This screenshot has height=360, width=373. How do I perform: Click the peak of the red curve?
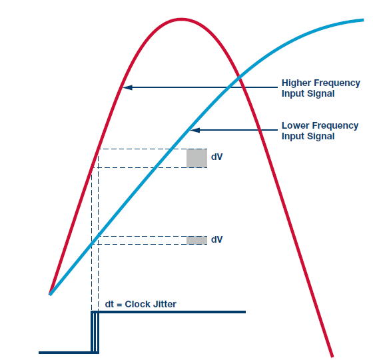click(x=181, y=19)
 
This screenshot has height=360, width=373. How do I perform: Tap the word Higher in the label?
click(x=296, y=83)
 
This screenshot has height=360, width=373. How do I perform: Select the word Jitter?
click(x=165, y=304)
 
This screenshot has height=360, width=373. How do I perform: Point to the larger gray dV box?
click(x=196, y=159)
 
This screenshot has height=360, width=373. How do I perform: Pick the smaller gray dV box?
click(x=196, y=240)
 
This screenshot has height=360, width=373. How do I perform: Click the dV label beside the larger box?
click(x=216, y=157)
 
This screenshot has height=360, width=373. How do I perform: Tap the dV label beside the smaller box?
click(x=216, y=239)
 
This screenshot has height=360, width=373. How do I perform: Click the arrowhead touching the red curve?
click(x=127, y=87)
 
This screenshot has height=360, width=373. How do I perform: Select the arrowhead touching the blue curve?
click(x=194, y=130)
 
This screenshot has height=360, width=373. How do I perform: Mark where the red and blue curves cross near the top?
click(x=239, y=77)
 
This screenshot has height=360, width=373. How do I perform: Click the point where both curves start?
click(x=50, y=294)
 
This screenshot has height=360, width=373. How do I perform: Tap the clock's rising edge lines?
click(x=95, y=332)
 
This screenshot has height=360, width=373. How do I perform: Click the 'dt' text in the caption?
click(x=109, y=304)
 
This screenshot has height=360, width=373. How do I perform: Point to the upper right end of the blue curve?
click(x=363, y=20)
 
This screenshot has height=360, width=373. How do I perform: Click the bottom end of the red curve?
click(x=332, y=356)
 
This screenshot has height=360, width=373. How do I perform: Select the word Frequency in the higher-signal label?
click(x=337, y=83)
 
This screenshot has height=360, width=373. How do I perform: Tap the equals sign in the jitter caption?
click(x=119, y=305)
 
